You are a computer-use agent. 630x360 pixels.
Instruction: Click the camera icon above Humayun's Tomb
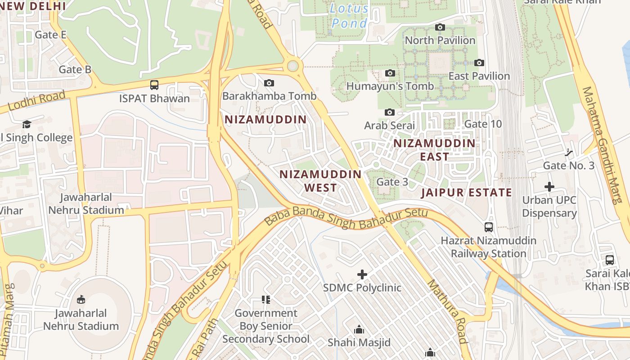coord(390,73)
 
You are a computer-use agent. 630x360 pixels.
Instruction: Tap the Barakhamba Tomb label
coord(269,96)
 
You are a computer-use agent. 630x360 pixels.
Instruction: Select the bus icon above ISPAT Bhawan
coord(154,85)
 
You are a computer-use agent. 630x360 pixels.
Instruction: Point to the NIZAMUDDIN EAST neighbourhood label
coord(434,150)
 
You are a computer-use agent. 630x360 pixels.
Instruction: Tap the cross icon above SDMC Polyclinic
coord(362,274)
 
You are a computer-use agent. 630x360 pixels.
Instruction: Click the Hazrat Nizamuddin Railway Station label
coord(488,247)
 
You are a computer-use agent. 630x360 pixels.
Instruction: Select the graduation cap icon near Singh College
coord(27,124)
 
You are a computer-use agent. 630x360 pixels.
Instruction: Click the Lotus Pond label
coord(349,15)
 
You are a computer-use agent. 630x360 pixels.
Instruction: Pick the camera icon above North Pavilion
coord(440,27)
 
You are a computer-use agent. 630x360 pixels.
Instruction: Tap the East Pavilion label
coord(479,76)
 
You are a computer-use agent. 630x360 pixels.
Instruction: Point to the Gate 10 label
coord(482,124)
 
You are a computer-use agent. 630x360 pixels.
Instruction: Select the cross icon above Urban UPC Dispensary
coord(549,186)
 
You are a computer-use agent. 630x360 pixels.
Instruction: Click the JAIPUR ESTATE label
coord(466,193)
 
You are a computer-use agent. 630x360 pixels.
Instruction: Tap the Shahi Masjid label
coord(359,342)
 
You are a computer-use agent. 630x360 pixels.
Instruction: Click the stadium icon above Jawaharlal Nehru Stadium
coord(81,299)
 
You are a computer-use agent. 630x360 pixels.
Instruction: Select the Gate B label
coord(75,69)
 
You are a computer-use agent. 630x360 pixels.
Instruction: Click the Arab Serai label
coord(389,125)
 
